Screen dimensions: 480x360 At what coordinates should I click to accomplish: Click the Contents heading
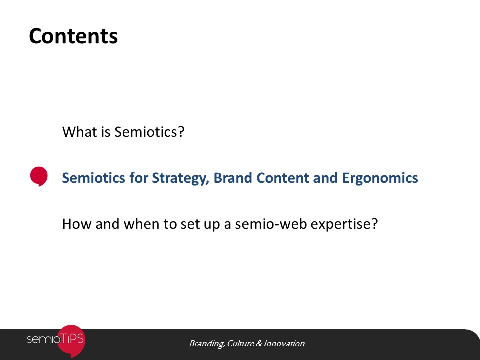click(x=73, y=36)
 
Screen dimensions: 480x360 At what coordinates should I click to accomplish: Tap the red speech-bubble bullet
click(x=39, y=176)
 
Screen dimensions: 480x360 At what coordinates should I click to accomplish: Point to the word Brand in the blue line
click(x=232, y=178)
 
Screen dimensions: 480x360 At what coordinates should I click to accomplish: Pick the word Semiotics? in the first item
click(x=149, y=132)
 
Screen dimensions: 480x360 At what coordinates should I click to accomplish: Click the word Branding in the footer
click(x=207, y=344)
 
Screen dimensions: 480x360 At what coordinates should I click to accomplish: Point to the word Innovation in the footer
click(x=284, y=344)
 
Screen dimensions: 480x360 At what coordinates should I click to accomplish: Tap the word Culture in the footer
click(x=240, y=344)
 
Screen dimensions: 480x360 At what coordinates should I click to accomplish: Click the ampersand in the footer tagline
click(x=259, y=344)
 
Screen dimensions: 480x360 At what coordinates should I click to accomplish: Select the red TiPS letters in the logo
click(x=71, y=339)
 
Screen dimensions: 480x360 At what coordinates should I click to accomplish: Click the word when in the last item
click(x=141, y=224)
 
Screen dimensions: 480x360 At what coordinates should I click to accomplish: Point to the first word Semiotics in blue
click(x=93, y=178)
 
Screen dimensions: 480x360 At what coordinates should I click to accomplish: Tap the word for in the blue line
click(x=138, y=178)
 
